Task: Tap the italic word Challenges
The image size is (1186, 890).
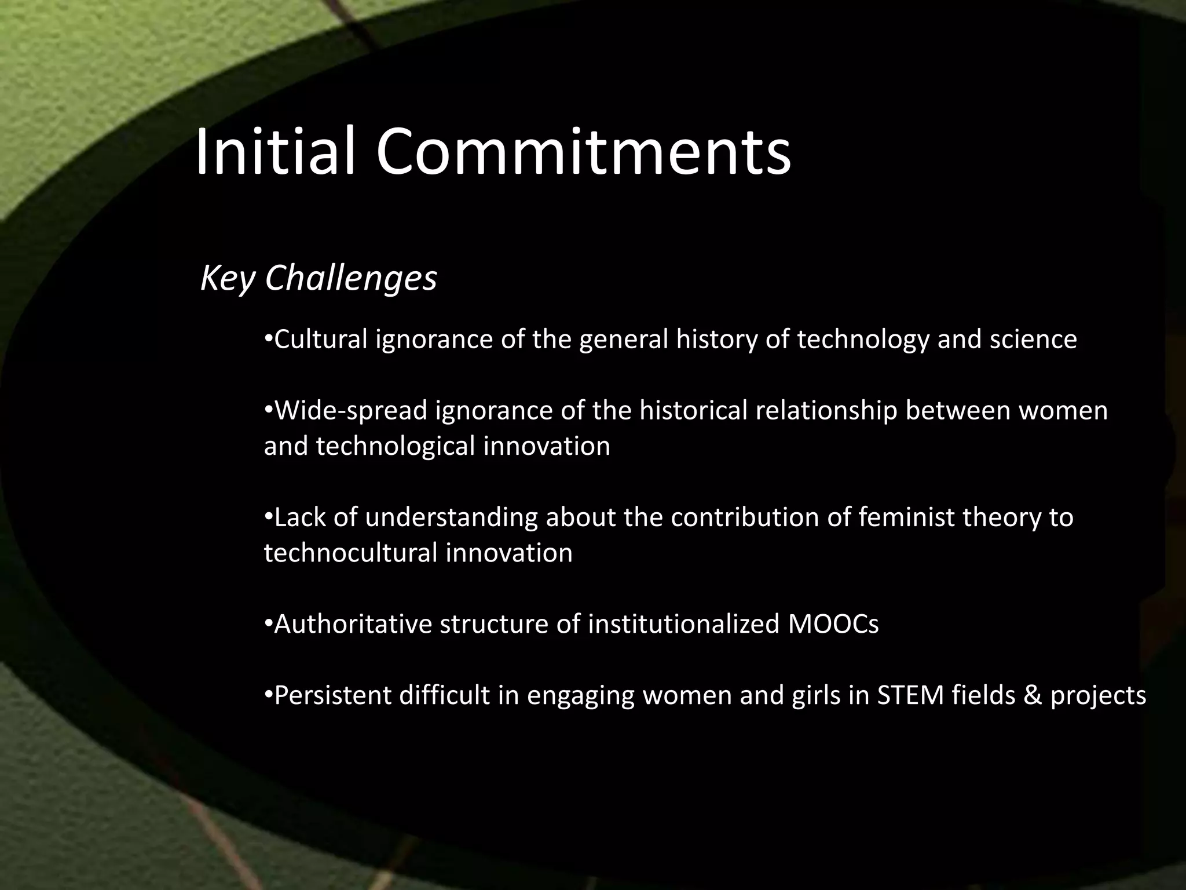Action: [351, 279]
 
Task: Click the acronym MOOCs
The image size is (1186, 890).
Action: [833, 625]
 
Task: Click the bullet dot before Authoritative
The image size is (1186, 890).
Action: [268, 625]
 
